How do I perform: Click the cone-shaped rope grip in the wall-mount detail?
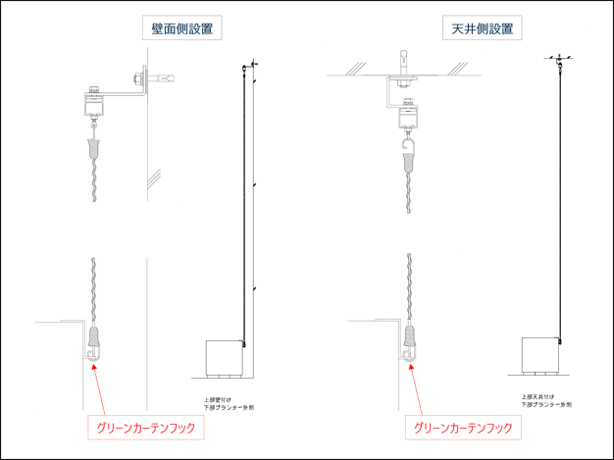coord(94,150)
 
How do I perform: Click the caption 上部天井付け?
coord(535,397)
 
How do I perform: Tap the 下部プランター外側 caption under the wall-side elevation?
coord(222,406)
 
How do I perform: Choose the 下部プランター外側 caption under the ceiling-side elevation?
coord(538,404)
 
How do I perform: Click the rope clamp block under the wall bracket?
coord(93,102)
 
